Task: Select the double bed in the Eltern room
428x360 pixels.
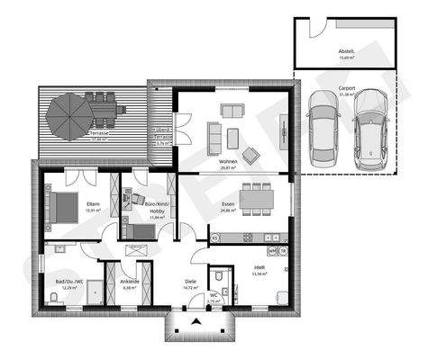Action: tap(61, 208)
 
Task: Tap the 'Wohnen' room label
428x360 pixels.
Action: tap(228, 162)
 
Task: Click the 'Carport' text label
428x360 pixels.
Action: tap(346, 88)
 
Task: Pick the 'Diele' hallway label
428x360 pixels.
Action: tap(190, 281)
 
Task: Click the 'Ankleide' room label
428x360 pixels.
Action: tap(129, 282)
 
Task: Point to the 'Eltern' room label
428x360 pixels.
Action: tap(93, 205)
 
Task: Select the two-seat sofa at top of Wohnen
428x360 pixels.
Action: tap(232, 112)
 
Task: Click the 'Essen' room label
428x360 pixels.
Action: tap(228, 205)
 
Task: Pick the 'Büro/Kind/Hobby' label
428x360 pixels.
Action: tap(157, 208)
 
